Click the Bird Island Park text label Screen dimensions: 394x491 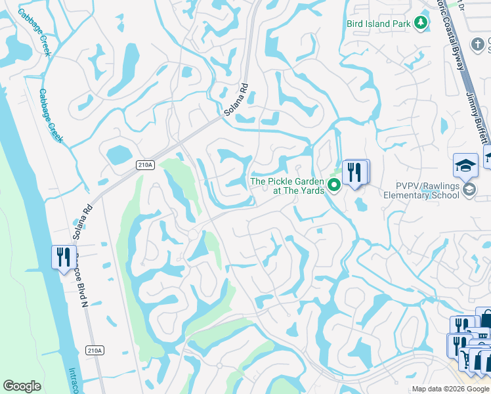(x=379, y=24)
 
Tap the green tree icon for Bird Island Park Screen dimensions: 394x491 (x=420, y=24)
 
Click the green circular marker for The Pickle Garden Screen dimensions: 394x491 (x=334, y=186)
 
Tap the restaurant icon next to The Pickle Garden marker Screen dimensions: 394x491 (x=355, y=172)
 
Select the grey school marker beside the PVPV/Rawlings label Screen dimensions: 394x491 (x=469, y=190)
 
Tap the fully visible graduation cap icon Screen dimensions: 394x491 (x=465, y=166)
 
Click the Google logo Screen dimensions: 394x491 (x=22, y=386)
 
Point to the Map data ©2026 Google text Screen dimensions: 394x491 (x=450, y=389)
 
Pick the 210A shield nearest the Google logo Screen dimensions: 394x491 (x=95, y=351)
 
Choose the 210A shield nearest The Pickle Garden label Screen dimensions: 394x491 (x=146, y=165)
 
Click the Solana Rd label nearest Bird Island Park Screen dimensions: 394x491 (x=236, y=99)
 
